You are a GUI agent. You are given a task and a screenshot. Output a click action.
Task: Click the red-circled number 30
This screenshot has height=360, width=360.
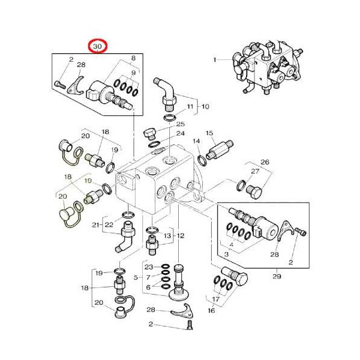tap(97, 46)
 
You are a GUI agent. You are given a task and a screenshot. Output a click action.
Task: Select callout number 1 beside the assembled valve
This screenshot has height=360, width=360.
tap(214, 60)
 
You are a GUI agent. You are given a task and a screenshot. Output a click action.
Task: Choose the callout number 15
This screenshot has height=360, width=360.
tap(209, 133)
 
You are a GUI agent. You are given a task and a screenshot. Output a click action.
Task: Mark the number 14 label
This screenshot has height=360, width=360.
tap(196, 142)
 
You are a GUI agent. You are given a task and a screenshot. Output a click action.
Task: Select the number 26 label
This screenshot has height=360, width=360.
tap(265, 162)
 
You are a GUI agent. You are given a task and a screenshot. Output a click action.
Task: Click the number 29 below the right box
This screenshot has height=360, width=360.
tap(277, 276)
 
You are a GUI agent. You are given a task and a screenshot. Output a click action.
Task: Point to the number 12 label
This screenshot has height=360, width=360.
tap(181, 236)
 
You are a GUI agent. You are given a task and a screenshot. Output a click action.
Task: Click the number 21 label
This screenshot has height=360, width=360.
tap(95, 225)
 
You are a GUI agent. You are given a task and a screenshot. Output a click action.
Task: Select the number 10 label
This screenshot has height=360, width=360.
tap(205, 107)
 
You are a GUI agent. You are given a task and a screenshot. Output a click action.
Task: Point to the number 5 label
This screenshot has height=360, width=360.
tap(136, 277)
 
